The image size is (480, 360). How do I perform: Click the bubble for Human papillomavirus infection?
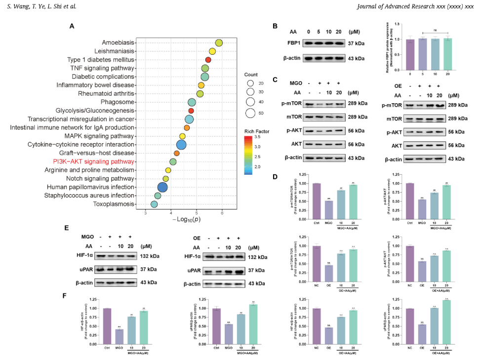pos(162,187)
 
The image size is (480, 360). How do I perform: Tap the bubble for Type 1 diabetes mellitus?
pos(208,59)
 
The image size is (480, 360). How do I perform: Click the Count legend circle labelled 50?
pos(250,113)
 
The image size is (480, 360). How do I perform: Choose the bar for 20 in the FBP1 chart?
pos(447,54)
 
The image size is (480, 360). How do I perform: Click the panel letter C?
pos(276,80)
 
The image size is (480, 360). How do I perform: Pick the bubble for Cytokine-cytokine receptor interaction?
pos(181,145)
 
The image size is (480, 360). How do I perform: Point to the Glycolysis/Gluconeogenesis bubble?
pos(191,111)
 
